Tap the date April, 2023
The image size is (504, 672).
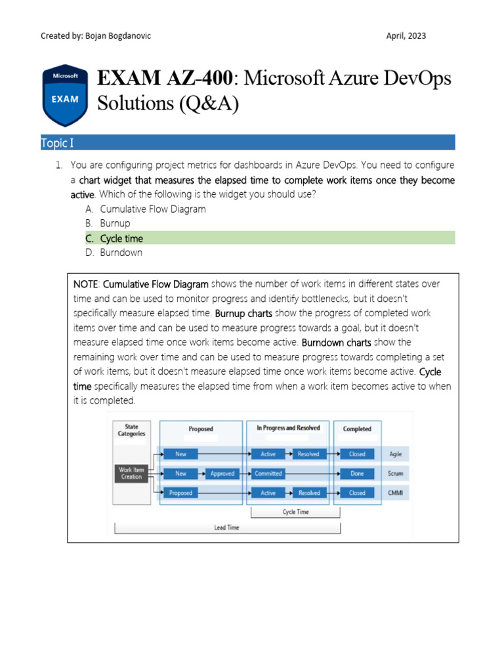(406, 35)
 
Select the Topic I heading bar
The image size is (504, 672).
(247, 142)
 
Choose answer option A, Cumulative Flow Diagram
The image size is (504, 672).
(152, 209)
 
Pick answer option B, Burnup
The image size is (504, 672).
(115, 224)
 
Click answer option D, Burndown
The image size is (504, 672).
(121, 253)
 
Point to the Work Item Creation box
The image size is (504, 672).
(131, 473)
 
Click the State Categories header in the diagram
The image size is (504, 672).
(132, 430)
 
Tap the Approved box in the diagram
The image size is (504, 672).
(222, 473)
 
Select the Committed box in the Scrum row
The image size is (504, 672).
(268, 473)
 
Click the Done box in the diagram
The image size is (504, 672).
(357, 473)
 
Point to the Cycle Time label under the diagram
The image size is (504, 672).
(295, 512)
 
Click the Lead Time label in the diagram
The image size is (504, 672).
(227, 528)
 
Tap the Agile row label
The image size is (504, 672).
(395, 453)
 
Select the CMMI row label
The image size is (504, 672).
(395, 493)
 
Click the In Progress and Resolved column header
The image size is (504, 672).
(288, 428)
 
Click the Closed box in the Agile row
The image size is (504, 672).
(357, 453)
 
